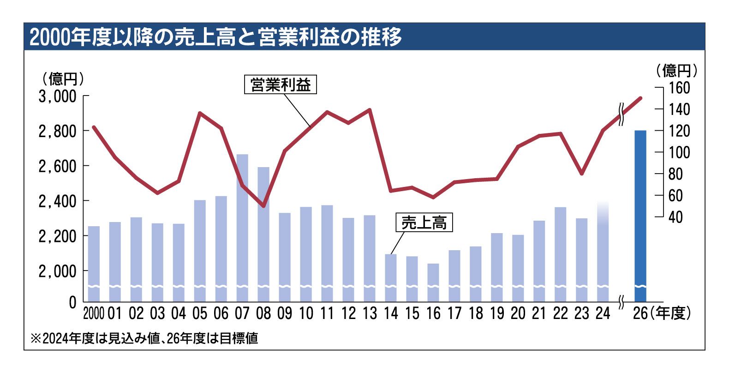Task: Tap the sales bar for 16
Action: coord(433,282)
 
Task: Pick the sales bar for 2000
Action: coord(94,264)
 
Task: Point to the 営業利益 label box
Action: coord(281,85)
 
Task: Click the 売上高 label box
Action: coord(424,223)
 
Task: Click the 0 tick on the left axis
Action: coord(72,303)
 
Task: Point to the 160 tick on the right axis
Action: coord(680,88)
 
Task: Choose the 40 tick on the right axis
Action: coord(675,217)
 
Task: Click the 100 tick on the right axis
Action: coord(680,152)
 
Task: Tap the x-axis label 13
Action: coord(370,313)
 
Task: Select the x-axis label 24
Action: coord(603,313)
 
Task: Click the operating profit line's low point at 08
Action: coord(263,206)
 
